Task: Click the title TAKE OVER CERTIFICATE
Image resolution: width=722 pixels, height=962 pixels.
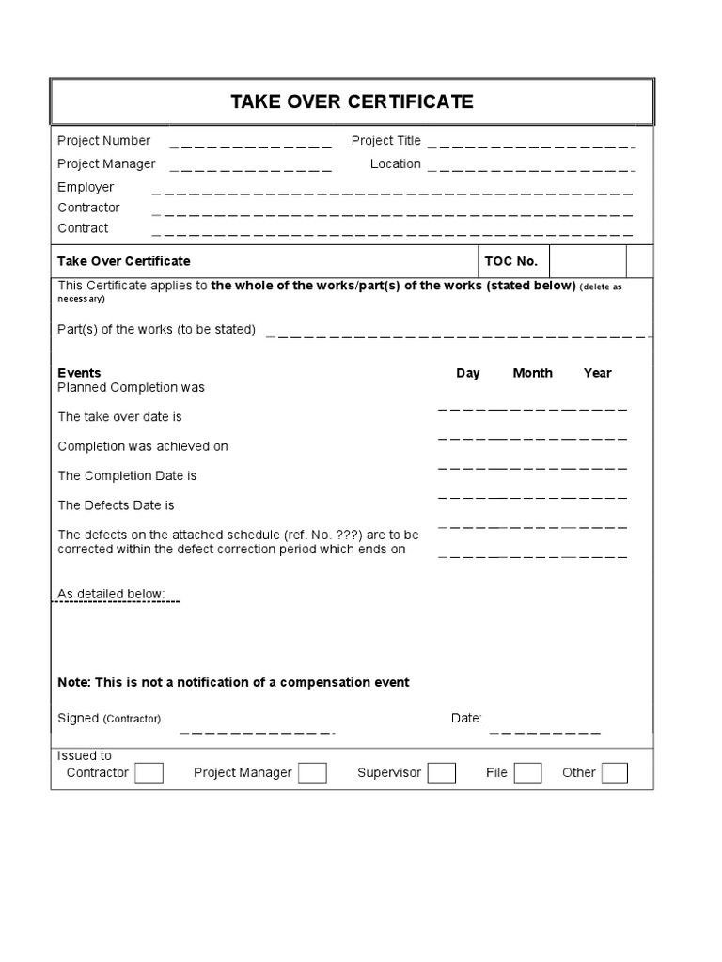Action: pyautogui.click(x=352, y=101)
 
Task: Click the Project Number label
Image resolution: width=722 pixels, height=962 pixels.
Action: pyautogui.click(x=103, y=141)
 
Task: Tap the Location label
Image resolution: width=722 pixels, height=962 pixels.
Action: pyautogui.click(x=395, y=164)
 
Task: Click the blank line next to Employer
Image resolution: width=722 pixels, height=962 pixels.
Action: pyautogui.click(x=392, y=192)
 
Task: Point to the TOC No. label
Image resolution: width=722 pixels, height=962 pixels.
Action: pyautogui.click(x=510, y=261)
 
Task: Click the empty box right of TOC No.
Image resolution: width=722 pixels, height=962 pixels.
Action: pyautogui.click(x=588, y=261)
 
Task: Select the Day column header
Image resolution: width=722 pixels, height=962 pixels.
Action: pyautogui.click(x=468, y=373)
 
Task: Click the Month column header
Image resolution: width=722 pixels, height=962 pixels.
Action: pyautogui.click(x=532, y=373)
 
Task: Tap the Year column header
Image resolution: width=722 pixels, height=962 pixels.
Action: pyautogui.click(x=597, y=373)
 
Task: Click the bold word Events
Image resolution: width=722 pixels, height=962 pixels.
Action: pyautogui.click(x=79, y=373)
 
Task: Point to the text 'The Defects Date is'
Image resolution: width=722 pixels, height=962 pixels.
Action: pyautogui.click(x=116, y=505)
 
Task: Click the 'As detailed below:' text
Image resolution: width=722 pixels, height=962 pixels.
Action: pyautogui.click(x=111, y=595)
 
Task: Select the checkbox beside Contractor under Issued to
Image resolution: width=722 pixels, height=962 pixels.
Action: pyautogui.click(x=149, y=773)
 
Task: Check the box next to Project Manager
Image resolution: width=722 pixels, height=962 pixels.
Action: pyautogui.click(x=312, y=773)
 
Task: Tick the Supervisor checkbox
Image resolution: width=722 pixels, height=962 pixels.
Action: pyautogui.click(x=441, y=773)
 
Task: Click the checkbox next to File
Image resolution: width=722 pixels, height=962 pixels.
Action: pyautogui.click(x=527, y=773)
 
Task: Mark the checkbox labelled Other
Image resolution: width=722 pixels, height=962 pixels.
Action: pyautogui.click(x=614, y=773)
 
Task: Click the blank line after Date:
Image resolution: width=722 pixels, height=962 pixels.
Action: pyautogui.click(x=544, y=730)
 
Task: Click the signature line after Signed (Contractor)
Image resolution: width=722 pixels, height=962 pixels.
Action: pyautogui.click(x=257, y=730)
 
